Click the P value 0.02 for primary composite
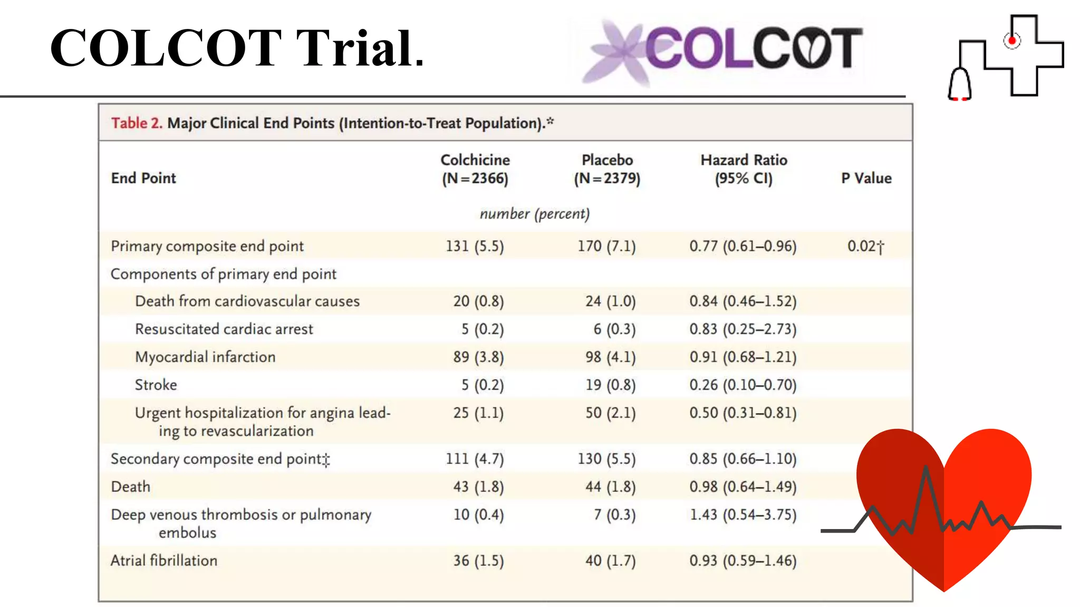(x=865, y=246)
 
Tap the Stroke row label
(x=156, y=385)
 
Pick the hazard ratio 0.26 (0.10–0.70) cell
(x=742, y=385)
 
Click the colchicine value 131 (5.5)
(x=475, y=246)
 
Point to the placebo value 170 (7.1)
(x=606, y=246)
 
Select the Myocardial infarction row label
(x=205, y=357)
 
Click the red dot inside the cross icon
(x=1012, y=41)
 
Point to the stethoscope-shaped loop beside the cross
(x=960, y=84)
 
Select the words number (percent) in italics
(x=534, y=213)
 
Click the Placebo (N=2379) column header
(x=607, y=169)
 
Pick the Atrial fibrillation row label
(x=164, y=560)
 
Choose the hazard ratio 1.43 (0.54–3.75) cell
(x=742, y=514)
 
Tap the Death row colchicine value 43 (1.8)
(x=478, y=486)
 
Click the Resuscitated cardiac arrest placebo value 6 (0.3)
(x=614, y=329)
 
